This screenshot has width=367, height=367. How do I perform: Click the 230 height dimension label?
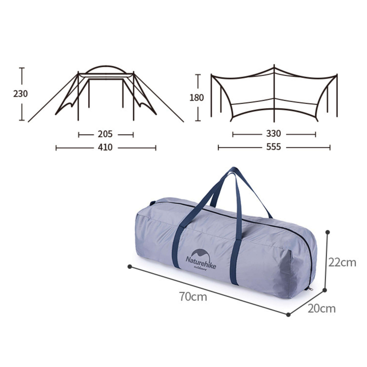pyautogui.click(x=20, y=94)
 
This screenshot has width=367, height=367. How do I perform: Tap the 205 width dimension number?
pyautogui.click(x=105, y=134)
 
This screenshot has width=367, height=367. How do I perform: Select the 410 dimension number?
pyautogui.click(x=105, y=147)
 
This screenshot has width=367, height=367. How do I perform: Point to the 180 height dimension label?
pyautogui.click(x=197, y=98)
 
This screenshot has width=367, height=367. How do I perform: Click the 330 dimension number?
pyautogui.click(x=273, y=134)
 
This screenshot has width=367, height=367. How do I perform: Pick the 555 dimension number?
pyautogui.click(x=273, y=147)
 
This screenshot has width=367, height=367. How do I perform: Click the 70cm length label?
pyautogui.click(x=193, y=297)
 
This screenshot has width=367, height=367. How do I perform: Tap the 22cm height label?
pyautogui.click(x=342, y=263)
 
